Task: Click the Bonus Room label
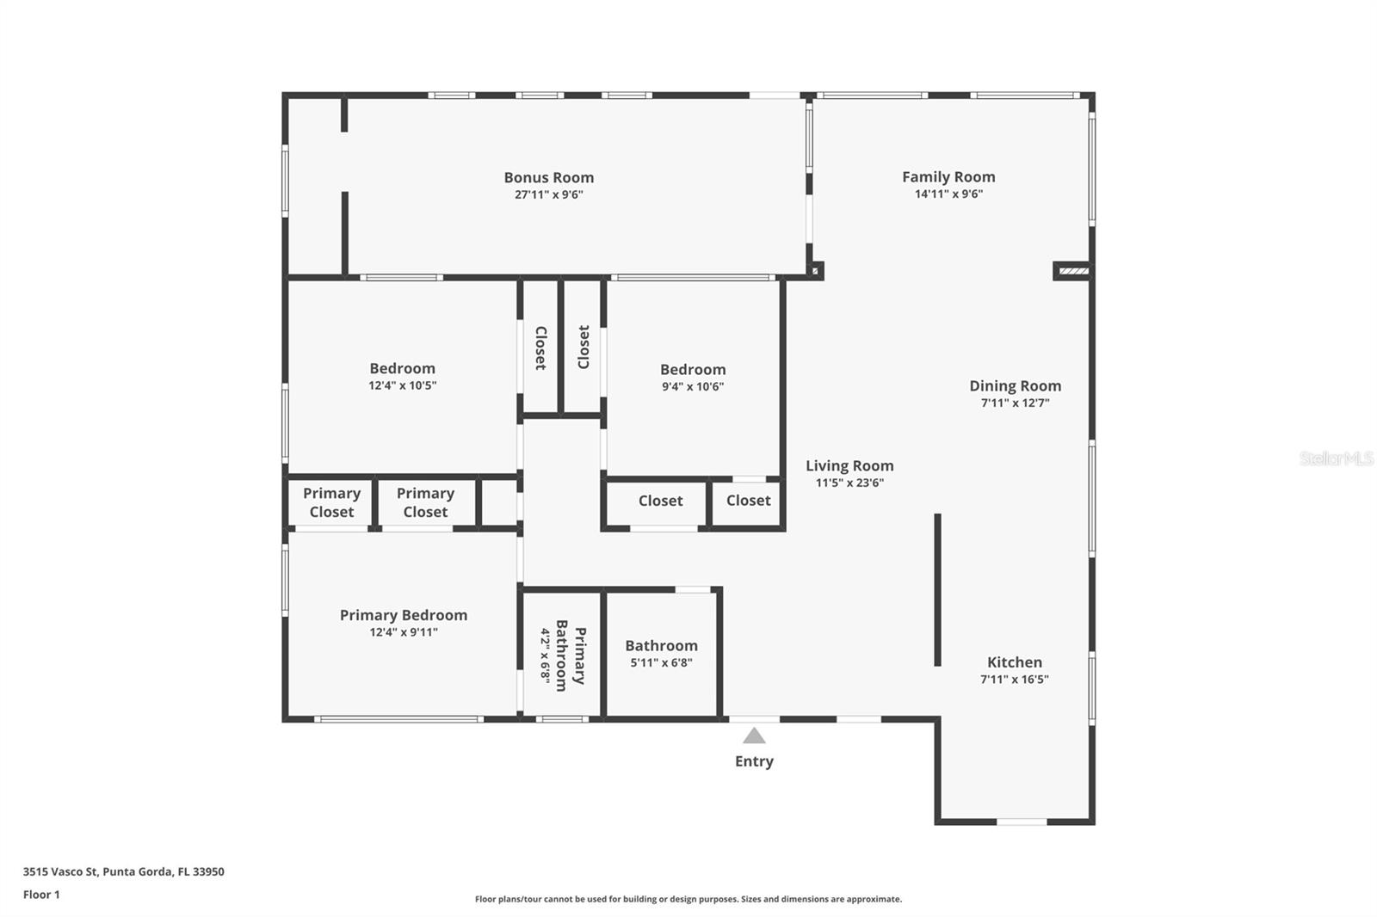(549, 177)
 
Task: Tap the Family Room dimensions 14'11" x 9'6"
(948, 194)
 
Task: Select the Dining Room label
(1015, 386)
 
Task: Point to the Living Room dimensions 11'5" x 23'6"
(849, 483)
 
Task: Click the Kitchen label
(1015, 662)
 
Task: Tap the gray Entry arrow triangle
(754, 735)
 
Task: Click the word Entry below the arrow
(754, 761)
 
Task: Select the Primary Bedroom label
(404, 615)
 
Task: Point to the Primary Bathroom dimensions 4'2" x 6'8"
(546, 655)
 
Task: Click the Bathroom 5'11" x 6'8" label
(662, 653)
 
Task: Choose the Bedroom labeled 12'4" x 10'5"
(403, 376)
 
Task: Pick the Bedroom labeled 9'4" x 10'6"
(693, 377)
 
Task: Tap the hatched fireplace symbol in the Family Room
(1073, 270)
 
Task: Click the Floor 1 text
(41, 895)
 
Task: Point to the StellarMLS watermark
(1336, 459)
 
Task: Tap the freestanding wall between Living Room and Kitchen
(937, 590)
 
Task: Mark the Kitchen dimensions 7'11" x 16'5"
(1015, 680)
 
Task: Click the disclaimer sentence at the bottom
(688, 899)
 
